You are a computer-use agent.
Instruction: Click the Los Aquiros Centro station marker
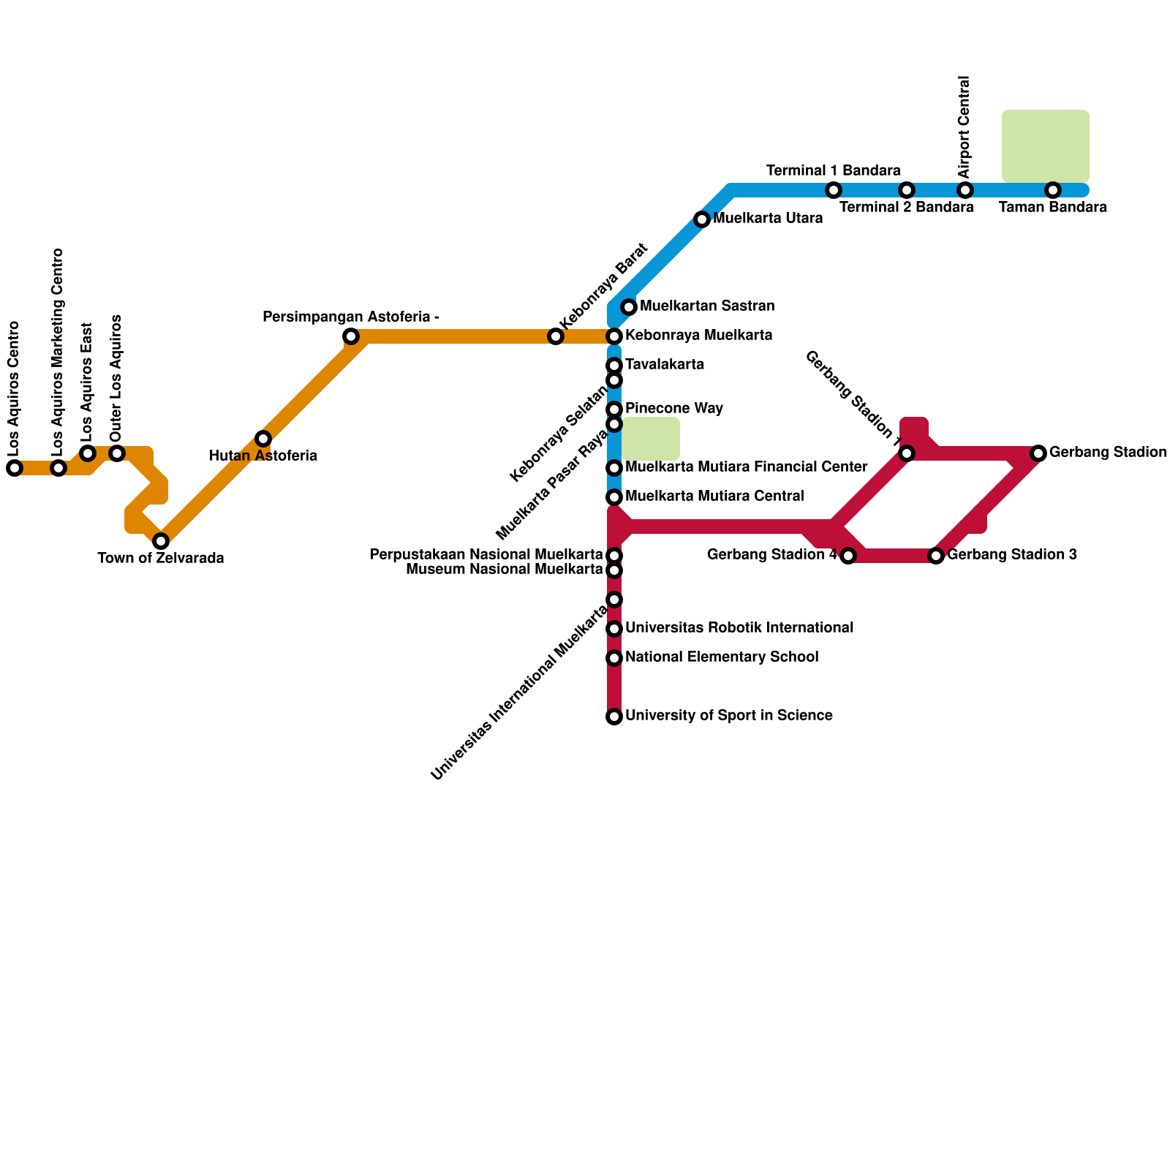[15, 468]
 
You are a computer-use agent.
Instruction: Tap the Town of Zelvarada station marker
[161, 541]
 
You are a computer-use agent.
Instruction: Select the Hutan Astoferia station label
[263, 456]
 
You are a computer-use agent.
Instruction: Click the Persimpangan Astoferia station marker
[351, 336]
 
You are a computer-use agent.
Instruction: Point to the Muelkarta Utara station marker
[702, 219]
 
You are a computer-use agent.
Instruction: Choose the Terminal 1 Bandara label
[834, 171]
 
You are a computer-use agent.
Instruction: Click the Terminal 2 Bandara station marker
[907, 190]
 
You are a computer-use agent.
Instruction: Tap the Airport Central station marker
[965, 190]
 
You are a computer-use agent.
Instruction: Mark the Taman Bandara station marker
[1053, 190]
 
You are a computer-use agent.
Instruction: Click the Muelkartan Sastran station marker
[629, 307]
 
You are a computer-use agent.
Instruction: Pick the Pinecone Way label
[674, 409]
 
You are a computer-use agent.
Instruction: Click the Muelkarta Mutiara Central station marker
[614, 497]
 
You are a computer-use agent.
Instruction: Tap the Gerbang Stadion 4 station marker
[848, 556]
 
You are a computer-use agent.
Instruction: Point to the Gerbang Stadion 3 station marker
[936, 556]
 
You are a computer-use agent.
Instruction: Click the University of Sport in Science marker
[614, 717]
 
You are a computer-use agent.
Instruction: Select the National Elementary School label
[722, 657]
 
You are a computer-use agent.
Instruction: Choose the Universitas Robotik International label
[739, 628]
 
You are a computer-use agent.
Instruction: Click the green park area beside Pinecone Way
[651, 439]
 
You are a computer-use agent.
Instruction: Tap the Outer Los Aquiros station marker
[117, 453]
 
